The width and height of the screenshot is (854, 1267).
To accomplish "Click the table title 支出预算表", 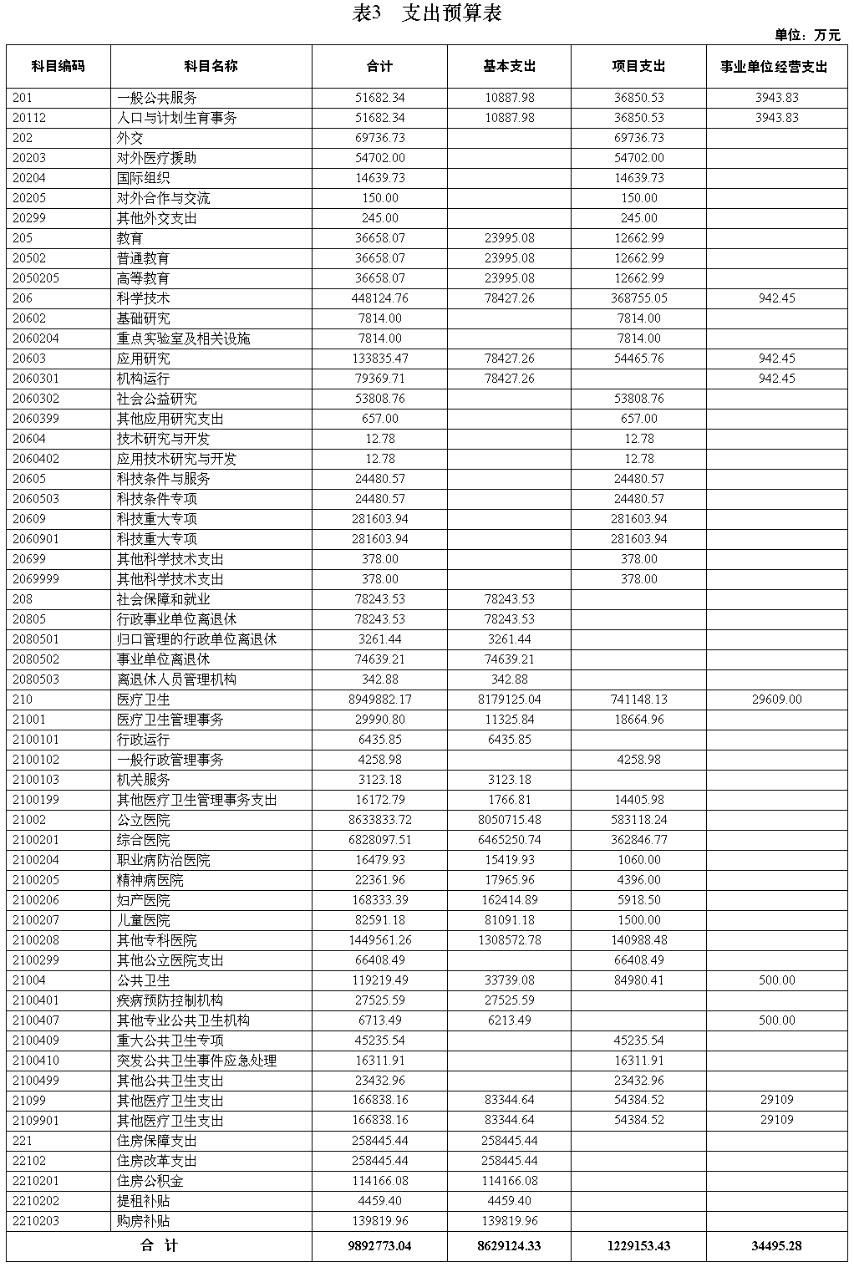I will click(x=428, y=13).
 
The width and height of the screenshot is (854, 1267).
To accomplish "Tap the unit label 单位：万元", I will click(x=807, y=35).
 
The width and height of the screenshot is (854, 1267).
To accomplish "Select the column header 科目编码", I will click(x=58, y=66).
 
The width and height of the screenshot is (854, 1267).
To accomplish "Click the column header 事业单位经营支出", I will click(x=776, y=67).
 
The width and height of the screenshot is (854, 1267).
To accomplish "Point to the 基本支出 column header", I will click(x=509, y=66).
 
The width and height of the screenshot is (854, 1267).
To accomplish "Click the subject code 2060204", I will click(x=36, y=338).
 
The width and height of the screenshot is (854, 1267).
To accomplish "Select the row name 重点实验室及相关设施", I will click(x=183, y=338).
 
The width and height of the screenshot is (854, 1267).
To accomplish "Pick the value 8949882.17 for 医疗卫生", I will click(x=379, y=700).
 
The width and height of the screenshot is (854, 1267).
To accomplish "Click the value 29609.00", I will click(x=776, y=700).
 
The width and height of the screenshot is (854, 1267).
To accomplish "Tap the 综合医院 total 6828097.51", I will click(x=379, y=840).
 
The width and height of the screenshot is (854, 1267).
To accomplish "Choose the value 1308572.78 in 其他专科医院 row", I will click(x=509, y=940).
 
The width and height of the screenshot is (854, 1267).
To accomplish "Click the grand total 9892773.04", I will click(x=379, y=1246).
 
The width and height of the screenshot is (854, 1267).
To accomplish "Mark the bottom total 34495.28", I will click(x=776, y=1246).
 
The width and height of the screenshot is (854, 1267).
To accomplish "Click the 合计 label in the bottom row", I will click(x=159, y=1246).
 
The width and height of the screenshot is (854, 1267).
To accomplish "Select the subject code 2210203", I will click(x=36, y=1221).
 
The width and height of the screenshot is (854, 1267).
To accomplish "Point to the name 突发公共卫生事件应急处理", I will click(x=196, y=1061).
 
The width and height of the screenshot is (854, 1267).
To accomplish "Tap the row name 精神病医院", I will click(x=150, y=880).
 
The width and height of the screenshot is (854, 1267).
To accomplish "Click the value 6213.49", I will click(x=509, y=1020).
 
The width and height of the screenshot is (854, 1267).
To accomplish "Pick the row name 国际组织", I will click(x=143, y=178).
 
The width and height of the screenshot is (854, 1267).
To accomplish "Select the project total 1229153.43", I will click(x=638, y=1246).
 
